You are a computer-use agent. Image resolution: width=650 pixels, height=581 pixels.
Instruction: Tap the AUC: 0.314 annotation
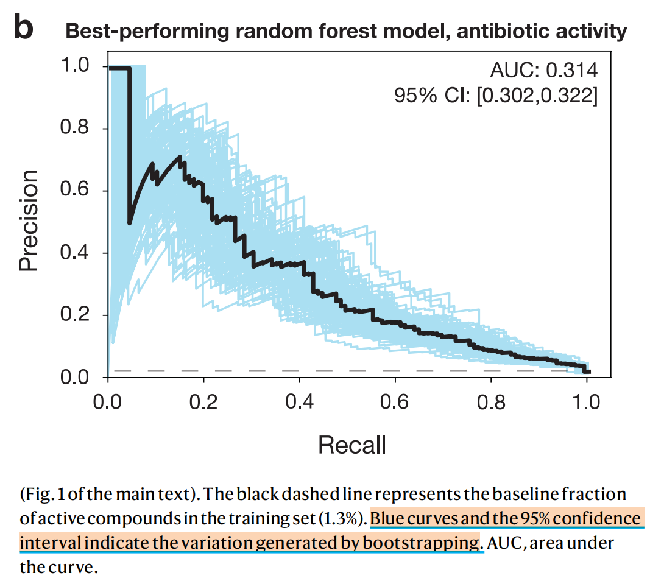point(543,71)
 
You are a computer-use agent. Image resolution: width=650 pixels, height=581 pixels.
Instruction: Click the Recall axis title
point(352,445)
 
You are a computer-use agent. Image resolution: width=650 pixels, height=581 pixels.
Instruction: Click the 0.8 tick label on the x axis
point(492,403)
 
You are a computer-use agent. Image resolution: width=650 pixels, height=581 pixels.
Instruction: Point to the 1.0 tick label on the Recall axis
point(587,403)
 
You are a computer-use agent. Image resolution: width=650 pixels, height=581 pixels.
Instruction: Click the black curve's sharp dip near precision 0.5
point(130,223)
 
